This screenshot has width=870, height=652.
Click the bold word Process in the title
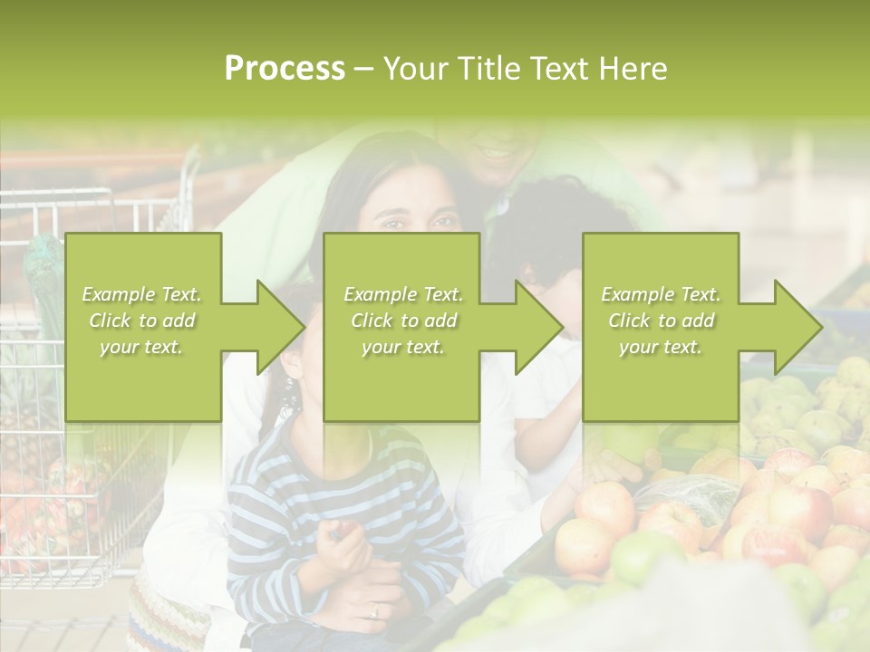pyautogui.click(x=285, y=69)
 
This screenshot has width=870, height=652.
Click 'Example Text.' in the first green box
pyautogui.click(x=142, y=294)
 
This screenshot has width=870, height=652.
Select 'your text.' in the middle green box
pyautogui.click(x=402, y=347)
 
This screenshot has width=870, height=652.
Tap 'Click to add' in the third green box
pyautogui.click(x=661, y=321)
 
